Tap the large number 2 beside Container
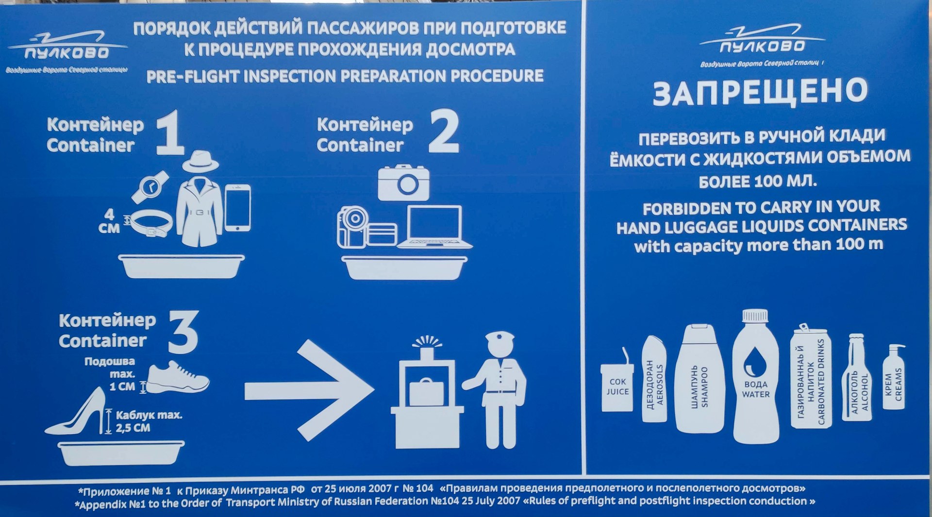coord(444,132)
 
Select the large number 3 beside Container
coord(183,332)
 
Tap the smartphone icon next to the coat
coord(238,208)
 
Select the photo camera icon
coord(404,183)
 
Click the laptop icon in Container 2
coord(434,227)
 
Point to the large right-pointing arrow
coord(309,390)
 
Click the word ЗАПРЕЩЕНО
coord(760,93)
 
